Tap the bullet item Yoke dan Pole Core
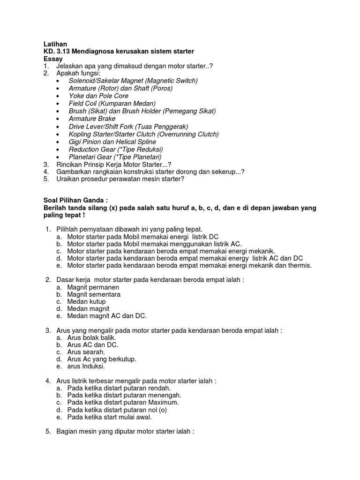(98, 96)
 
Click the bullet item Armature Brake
(92, 119)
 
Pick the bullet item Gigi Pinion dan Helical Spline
(112, 142)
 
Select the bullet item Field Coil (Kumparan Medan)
(112, 103)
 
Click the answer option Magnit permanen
(93, 287)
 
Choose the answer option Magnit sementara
(94, 294)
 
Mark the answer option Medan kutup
(86, 302)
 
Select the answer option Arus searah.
(86, 352)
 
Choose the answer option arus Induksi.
(86, 367)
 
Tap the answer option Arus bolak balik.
(91, 337)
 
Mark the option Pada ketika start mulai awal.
(110, 417)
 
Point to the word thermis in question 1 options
(299, 265)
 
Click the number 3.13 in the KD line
(62, 51)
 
